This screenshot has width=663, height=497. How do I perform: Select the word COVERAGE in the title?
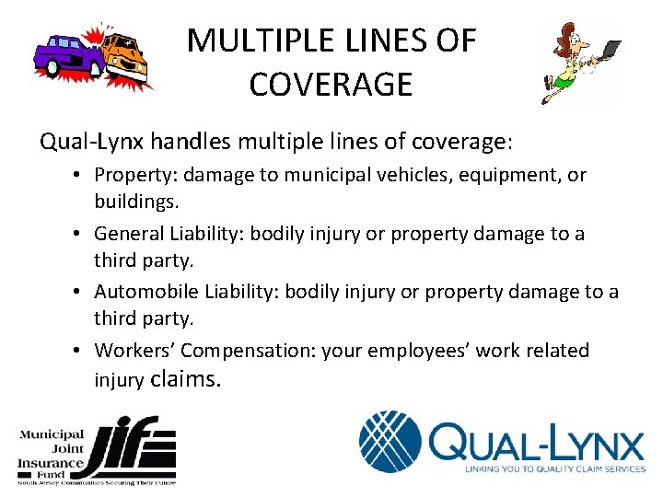(331, 85)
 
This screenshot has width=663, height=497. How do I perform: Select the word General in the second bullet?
(130, 233)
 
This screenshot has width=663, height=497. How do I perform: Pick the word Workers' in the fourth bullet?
(134, 351)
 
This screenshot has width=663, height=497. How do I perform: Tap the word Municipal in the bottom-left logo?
(52, 433)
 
